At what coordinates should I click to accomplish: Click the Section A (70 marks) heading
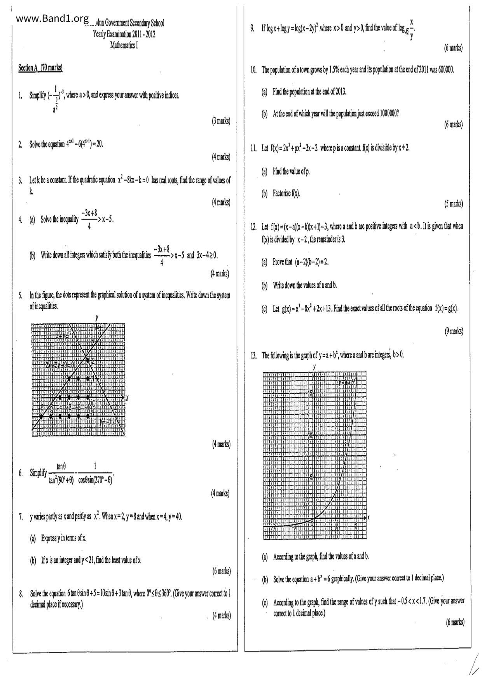pos(40,68)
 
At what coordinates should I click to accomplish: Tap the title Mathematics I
pos(124,45)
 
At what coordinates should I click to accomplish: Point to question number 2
pos(20,145)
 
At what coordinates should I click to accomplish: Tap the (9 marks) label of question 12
pos(454,331)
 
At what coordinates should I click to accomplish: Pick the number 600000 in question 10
pos(445,70)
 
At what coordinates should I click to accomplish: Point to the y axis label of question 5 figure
pos(97,318)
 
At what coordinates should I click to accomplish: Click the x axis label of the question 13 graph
pos(368,518)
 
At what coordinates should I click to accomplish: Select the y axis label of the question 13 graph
pos(314,367)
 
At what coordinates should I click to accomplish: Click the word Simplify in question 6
pos(38,473)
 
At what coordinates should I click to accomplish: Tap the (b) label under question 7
pos(33,560)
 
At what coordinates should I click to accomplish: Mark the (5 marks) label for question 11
pos(454,203)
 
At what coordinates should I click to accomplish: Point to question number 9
pos(252,28)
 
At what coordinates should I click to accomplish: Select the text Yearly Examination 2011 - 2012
pos(124,34)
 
